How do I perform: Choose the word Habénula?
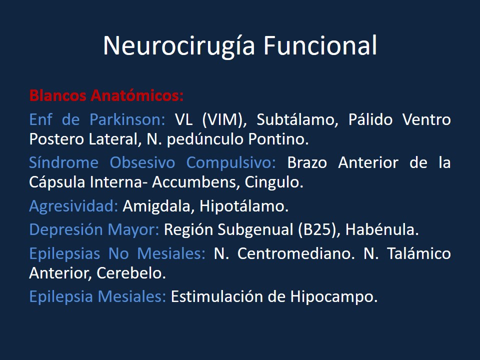click(381, 230)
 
